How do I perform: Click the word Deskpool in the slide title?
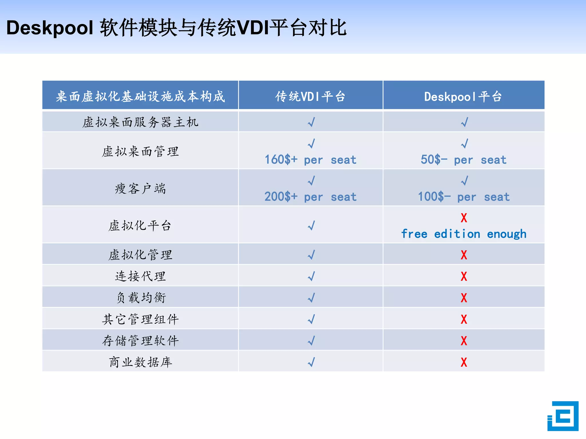click(x=50, y=28)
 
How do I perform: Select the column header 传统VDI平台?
click(x=310, y=96)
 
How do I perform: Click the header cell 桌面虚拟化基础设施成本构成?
click(x=140, y=96)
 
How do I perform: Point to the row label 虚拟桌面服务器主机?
click(x=140, y=122)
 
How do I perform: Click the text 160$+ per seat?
click(x=310, y=160)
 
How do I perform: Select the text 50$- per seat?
click(x=464, y=160)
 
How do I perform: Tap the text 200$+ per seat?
click(x=310, y=197)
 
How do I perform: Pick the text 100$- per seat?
click(x=464, y=197)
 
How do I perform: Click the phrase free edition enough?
click(x=464, y=234)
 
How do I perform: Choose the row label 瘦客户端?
click(x=140, y=189)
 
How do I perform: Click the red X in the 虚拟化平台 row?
click(x=464, y=218)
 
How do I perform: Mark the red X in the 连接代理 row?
click(x=464, y=276)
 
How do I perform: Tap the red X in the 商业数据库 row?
click(x=464, y=362)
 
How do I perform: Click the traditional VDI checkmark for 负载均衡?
click(x=311, y=298)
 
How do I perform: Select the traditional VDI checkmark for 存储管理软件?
click(x=311, y=341)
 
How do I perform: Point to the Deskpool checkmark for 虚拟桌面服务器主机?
click(x=464, y=122)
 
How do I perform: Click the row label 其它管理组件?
click(x=140, y=319)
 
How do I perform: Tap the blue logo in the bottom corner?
click(x=563, y=416)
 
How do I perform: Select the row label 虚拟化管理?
click(x=140, y=255)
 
